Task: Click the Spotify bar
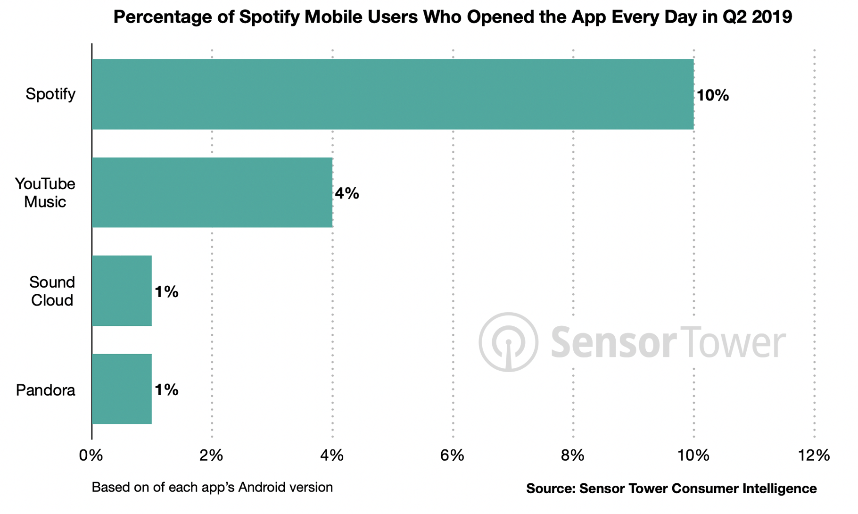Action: tap(393, 94)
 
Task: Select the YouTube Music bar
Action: tap(212, 192)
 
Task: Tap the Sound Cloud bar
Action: tap(122, 290)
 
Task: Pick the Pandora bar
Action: tap(122, 389)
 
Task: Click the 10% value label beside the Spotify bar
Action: tap(712, 96)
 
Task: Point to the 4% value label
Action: tap(347, 193)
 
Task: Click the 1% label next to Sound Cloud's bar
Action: tap(166, 292)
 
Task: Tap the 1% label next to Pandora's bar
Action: tap(166, 390)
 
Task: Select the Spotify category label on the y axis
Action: tap(50, 94)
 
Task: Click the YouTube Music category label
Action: tap(45, 192)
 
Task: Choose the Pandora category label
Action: tap(46, 390)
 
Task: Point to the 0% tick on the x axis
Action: tap(91, 455)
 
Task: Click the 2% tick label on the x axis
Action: tap(211, 455)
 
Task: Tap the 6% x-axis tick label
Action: tap(453, 455)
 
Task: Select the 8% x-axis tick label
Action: tap(573, 455)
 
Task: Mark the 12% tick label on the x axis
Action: tap(814, 455)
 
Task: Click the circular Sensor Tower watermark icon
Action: tap(508, 342)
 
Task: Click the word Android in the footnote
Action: tap(263, 487)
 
